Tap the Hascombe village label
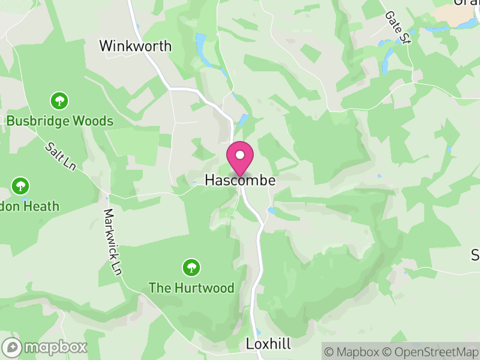[x=240, y=180]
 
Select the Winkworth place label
[x=135, y=46]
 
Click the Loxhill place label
[x=268, y=344]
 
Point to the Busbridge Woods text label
[x=59, y=121]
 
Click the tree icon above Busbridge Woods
[x=59, y=100]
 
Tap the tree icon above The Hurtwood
[x=191, y=267]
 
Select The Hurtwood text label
[x=191, y=288]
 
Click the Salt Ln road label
[x=60, y=157]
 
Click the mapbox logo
[x=46, y=347]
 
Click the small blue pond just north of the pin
[x=243, y=120]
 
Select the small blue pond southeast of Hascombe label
[x=272, y=211]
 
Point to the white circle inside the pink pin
[x=240, y=155]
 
